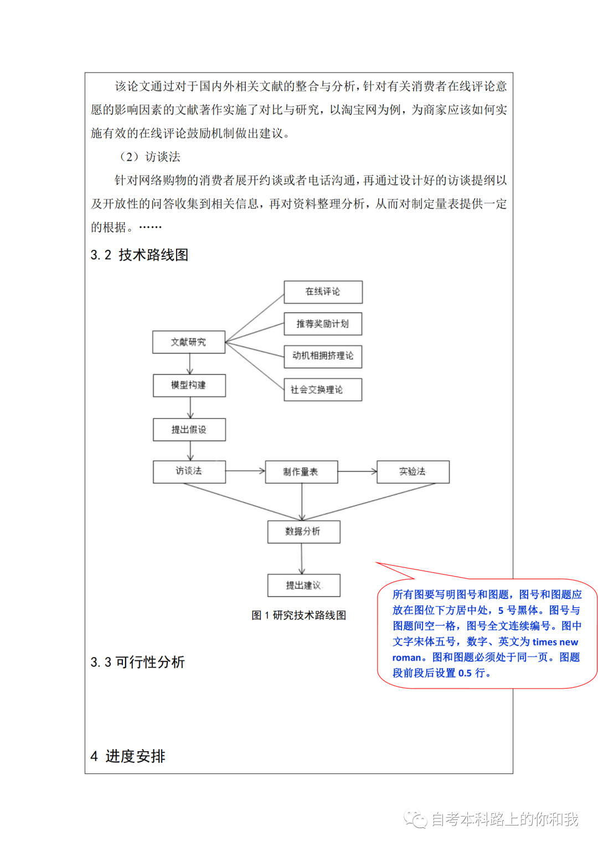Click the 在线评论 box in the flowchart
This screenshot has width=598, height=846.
pyautogui.click(x=323, y=292)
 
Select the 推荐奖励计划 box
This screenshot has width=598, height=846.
pyautogui.click(x=323, y=324)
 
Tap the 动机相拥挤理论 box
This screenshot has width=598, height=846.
pyautogui.click(x=323, y=357)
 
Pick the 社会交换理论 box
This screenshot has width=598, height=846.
pyautogui.click(x=323, y=389)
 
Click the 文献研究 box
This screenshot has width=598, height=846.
pyautogui.click(x=189, y=342)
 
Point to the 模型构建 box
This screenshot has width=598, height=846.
pyautogui.click(x=189, y=386)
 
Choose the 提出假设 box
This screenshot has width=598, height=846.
pyautogui.click(x=189, y=429)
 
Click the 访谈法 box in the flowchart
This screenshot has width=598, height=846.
pyautogui.click(x=189, y=471)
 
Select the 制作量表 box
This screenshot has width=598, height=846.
pyautogui.click(x=301, y=471)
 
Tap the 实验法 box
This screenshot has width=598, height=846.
pyautogui.click(x=413, y=471)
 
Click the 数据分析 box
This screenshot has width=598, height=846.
pyautogui.click(x=303, y=532)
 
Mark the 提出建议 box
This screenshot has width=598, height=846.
pyautogui.click(x=303, y=586)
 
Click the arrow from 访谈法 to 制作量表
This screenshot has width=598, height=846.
pyautogui.click(x=245, y=471)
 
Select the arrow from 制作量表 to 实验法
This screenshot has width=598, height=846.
pyautogui.click(x=358, y=471)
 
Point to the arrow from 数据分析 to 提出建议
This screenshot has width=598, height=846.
pyautogui.click(x=302, y=559)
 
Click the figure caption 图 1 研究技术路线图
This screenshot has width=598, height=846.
pyautogui.click(x=298, y=615)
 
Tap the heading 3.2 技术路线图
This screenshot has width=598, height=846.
pyautogui.click(x=140, y=255)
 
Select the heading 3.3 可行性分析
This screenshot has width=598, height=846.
pyautogui.click(x=137, y=662)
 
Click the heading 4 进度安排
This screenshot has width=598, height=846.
pyautogui.click(x=128, y=756)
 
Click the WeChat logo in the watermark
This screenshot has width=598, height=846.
pyautogui.click(x=415, y=819)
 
